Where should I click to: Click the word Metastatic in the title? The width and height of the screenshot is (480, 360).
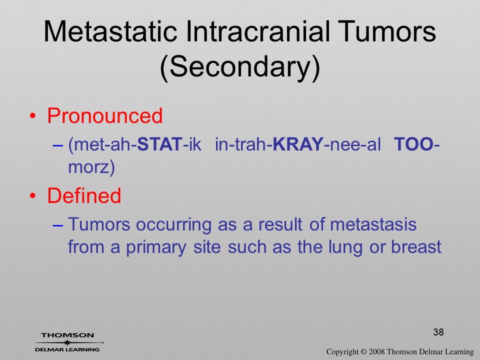(x=110, y=31)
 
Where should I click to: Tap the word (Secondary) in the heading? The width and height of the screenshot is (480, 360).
(x=240, y=67)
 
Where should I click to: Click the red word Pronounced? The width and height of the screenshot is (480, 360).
(x=104, y=115)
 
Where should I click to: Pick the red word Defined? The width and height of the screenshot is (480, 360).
(x=84, y=195)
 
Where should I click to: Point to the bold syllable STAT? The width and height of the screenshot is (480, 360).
(x=159, y=144)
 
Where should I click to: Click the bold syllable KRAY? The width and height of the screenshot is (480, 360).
(x=297, y=144)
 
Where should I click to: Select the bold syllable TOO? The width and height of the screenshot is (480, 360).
(x=413, y=144)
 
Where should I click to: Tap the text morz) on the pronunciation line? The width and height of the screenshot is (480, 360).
(x=91, y=167)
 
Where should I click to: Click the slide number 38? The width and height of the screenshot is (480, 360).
(x=438, y=332)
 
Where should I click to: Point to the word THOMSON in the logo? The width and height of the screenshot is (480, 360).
(x=67, y=335)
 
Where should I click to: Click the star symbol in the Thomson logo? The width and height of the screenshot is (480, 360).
(x=67, y=342)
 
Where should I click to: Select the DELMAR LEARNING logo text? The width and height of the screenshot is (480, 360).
(x=67, y=349)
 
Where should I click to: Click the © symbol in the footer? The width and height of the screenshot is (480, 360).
(x=363, y=351)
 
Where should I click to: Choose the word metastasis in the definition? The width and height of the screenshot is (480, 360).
(x=373, y=224)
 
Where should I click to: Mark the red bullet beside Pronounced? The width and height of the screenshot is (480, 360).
(x=32, y=116)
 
